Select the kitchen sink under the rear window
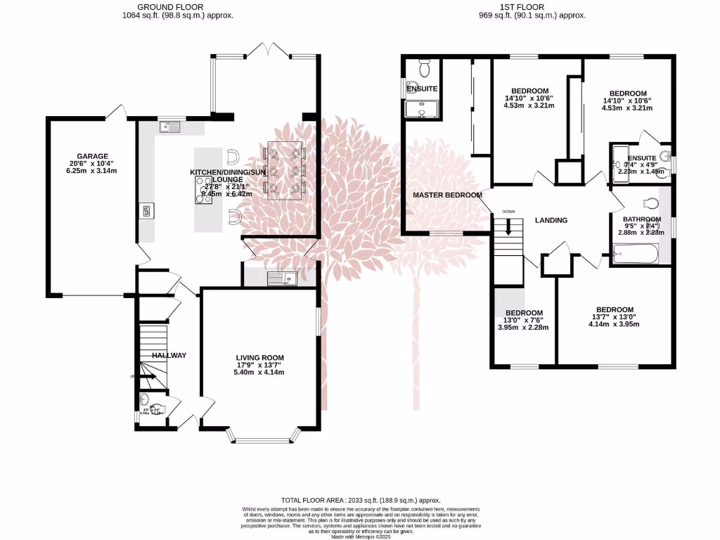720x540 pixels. coord(169,127)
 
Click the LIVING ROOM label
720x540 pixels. coord(259,358)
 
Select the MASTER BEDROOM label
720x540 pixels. coord(447,195)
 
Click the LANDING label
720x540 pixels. coord(551,220)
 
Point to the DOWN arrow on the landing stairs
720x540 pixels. coord(508,228)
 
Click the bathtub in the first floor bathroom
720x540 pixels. coord(635,253)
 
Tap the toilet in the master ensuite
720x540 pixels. coord(425,69)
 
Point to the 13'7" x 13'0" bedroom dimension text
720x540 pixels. coord(615,317)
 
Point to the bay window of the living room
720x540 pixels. coord(262,440)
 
